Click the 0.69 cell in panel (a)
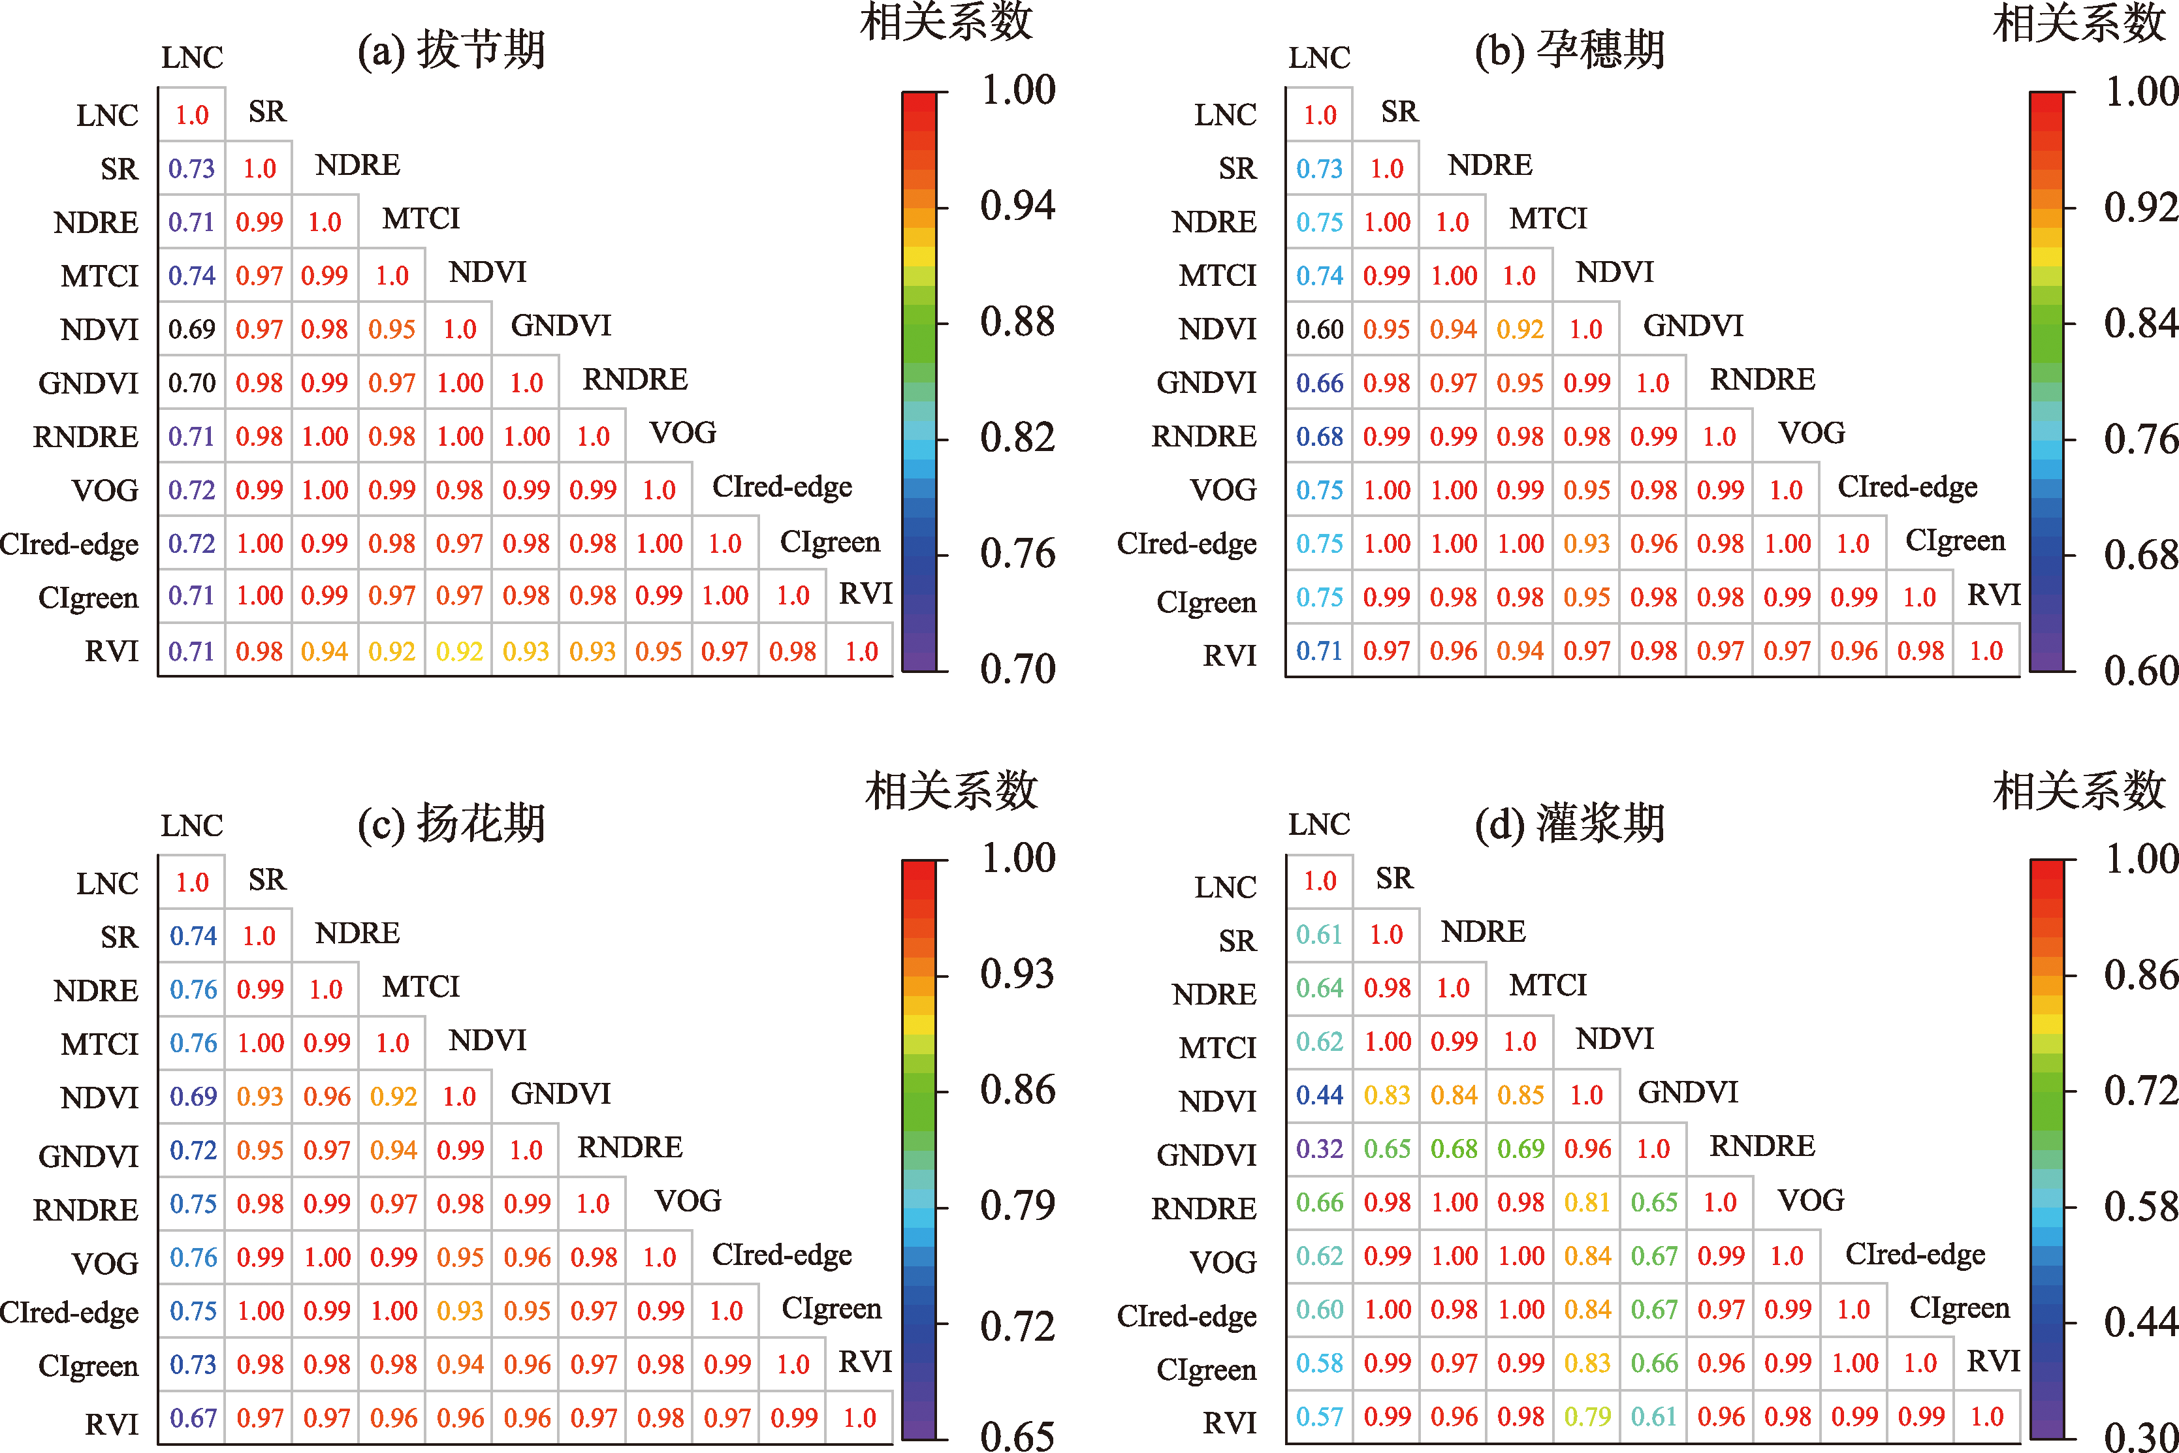pyautogui.click(x=192, y=329)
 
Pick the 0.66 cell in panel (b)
pyautogui.click(x=1319, y=383)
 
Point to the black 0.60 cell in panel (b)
pyautogui.click(x=1319, y=329)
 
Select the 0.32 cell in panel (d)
pyautogui.click(x=1319, y=1149)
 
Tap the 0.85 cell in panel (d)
pyautogui.click(x=1520, y=1095)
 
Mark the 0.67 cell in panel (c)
pyautogui.click(x=193, y=1418)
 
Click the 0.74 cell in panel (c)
pyautogui.click(x=193, y=936)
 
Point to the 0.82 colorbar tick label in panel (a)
pyautogui.click(x=1017, y=437)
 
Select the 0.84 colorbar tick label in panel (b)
pyautogui.click(x=2140, y=322)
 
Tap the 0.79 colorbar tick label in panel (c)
pyautogui.click(x=1017, y=1206)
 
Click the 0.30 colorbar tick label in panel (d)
pyautogui.click(x=2140, y=1436)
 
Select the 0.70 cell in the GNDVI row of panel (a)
pyautogui.click(x=192, y=383)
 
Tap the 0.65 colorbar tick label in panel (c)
pyautogui.click(x=1017, y=1436)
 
